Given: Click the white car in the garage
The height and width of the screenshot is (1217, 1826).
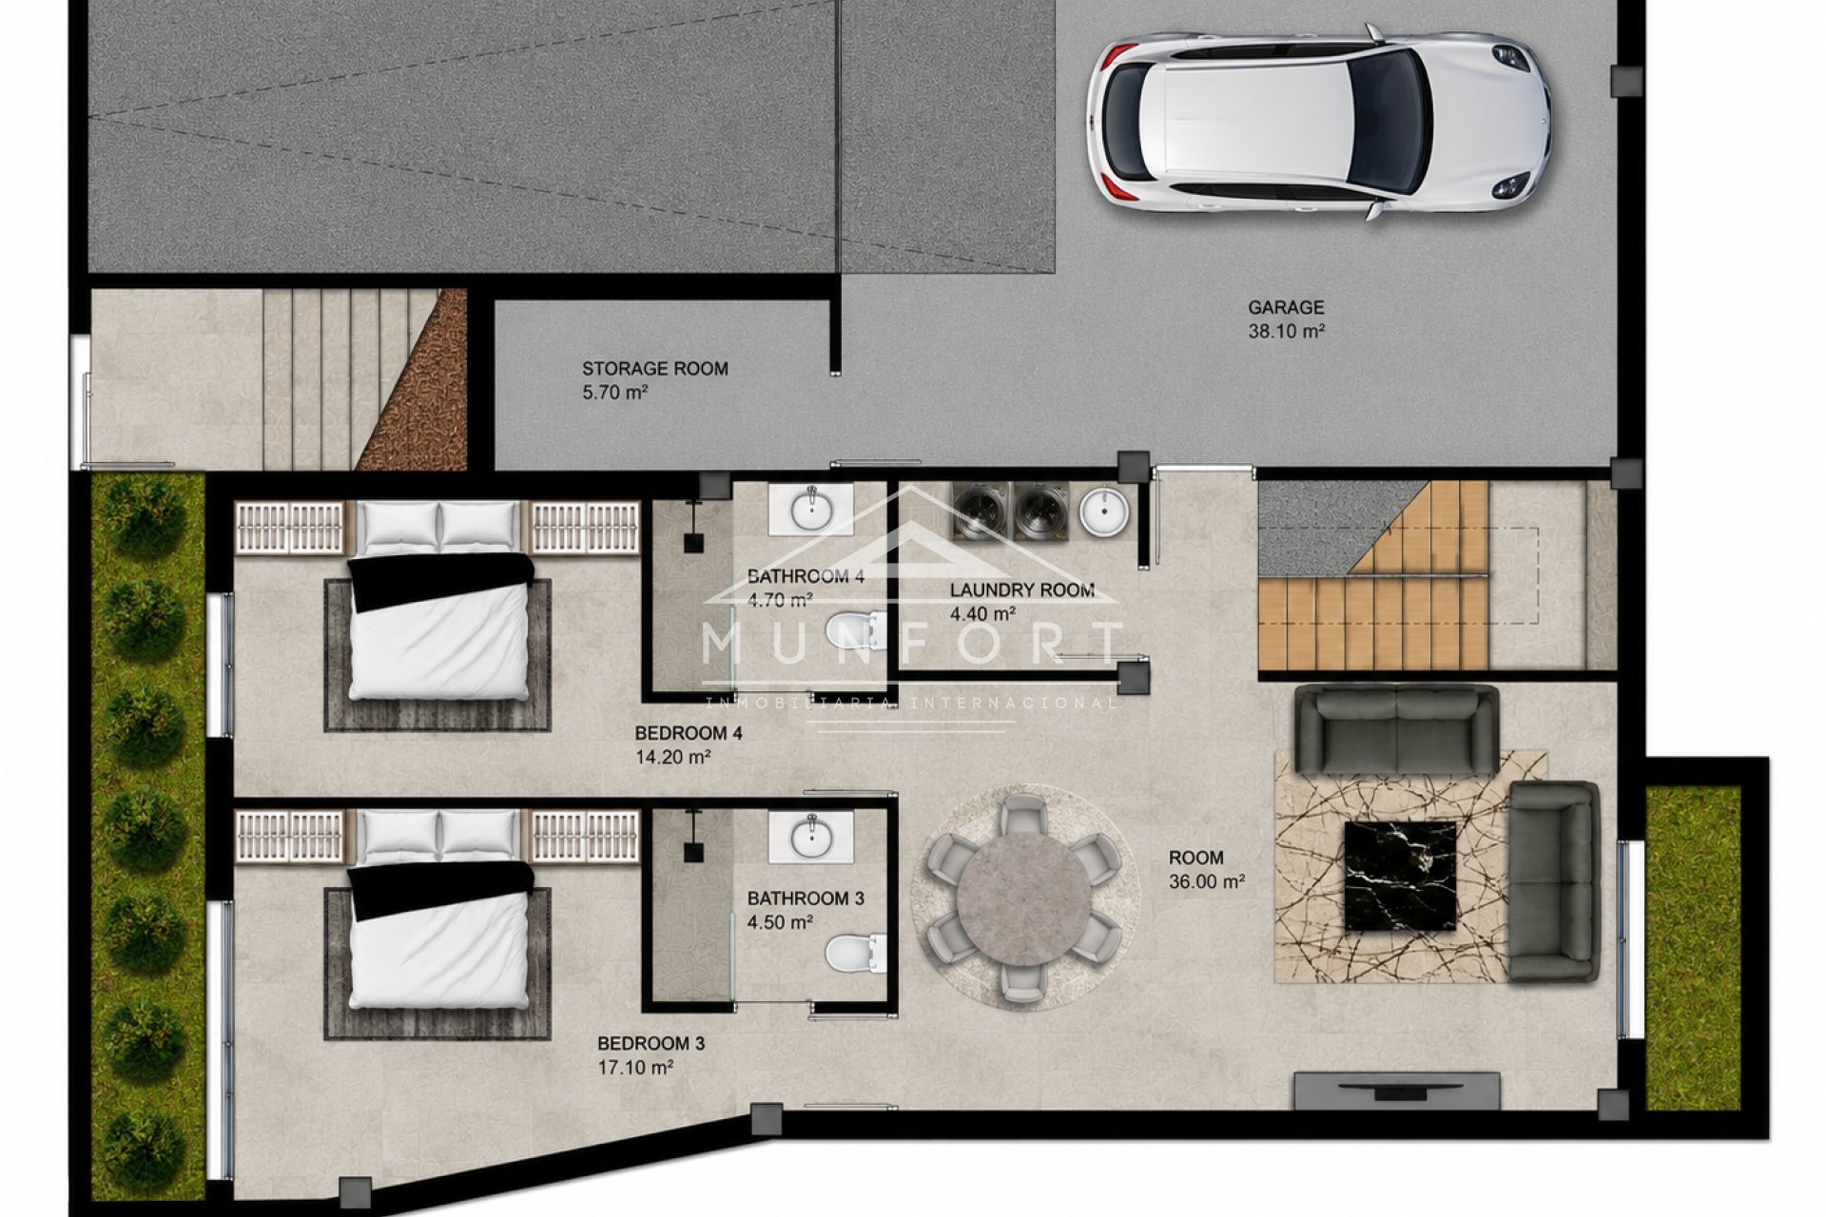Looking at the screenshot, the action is point(1318,122).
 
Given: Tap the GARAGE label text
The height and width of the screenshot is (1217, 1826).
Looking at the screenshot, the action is point(1286,307).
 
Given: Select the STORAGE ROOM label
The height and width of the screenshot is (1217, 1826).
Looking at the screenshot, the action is point(655,369).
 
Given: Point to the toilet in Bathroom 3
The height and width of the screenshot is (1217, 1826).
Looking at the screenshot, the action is point(856,954).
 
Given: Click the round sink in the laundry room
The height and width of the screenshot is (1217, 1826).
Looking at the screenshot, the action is point(1105,511).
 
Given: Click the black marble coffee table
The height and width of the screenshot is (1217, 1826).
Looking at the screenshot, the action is point(1399,875).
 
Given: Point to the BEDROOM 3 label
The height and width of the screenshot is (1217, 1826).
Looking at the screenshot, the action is point(651,1044).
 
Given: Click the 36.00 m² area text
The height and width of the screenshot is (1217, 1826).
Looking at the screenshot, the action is point(1207,881).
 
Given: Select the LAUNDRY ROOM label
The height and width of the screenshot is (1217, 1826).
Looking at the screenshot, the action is point(1022,590).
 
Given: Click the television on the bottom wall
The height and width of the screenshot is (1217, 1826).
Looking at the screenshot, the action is point(1397,1091).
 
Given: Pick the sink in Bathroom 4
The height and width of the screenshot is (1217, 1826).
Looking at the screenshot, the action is point(811,509).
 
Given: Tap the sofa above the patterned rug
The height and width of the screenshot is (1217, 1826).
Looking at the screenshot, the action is point(1396,731).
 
